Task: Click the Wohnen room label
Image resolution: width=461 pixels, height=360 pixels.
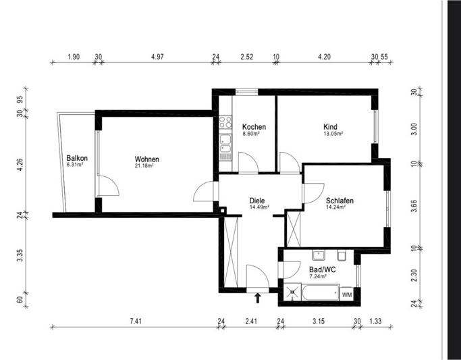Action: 146,159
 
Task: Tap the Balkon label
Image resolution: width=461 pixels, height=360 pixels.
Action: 77,158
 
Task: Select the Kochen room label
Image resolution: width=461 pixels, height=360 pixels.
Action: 254,126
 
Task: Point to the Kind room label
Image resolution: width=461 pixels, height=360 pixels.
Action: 330,126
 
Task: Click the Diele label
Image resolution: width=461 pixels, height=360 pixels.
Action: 256,201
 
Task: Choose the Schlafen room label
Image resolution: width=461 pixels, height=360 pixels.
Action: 340,201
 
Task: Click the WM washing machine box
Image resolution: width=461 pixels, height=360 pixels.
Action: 347,294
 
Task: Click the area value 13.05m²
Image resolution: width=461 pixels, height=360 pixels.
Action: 333,134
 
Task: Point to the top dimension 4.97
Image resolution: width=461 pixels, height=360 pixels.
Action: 157,57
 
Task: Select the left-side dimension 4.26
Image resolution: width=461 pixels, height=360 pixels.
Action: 20,164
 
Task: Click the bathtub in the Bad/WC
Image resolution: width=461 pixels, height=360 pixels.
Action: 321,292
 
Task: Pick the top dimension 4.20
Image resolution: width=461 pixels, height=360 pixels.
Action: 325,57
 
